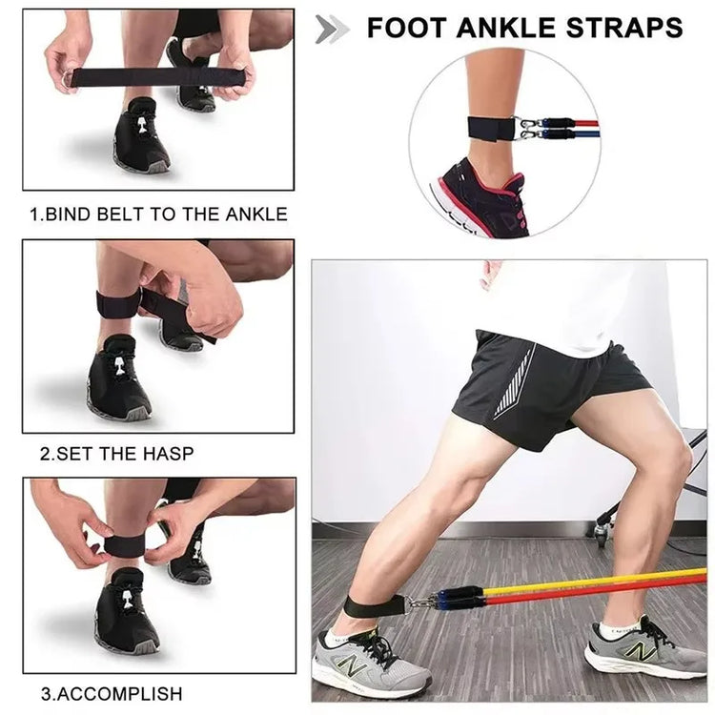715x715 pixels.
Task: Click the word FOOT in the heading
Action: tap(405, 28)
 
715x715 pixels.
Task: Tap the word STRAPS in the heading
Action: tap(624, 28)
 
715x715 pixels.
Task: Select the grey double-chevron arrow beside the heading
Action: tap(333, 30)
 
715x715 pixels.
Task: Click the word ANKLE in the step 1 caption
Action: tap(256, 214)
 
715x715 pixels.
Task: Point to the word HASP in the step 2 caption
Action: tap(168, 454)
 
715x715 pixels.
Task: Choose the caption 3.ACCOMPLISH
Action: tap(112, 694)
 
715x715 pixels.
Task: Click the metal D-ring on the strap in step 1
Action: tap(66, 81)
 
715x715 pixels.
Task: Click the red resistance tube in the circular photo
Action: tap(579, 124)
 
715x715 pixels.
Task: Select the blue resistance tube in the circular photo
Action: tap(579, 135)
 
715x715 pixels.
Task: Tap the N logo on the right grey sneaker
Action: tap(643, 652)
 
